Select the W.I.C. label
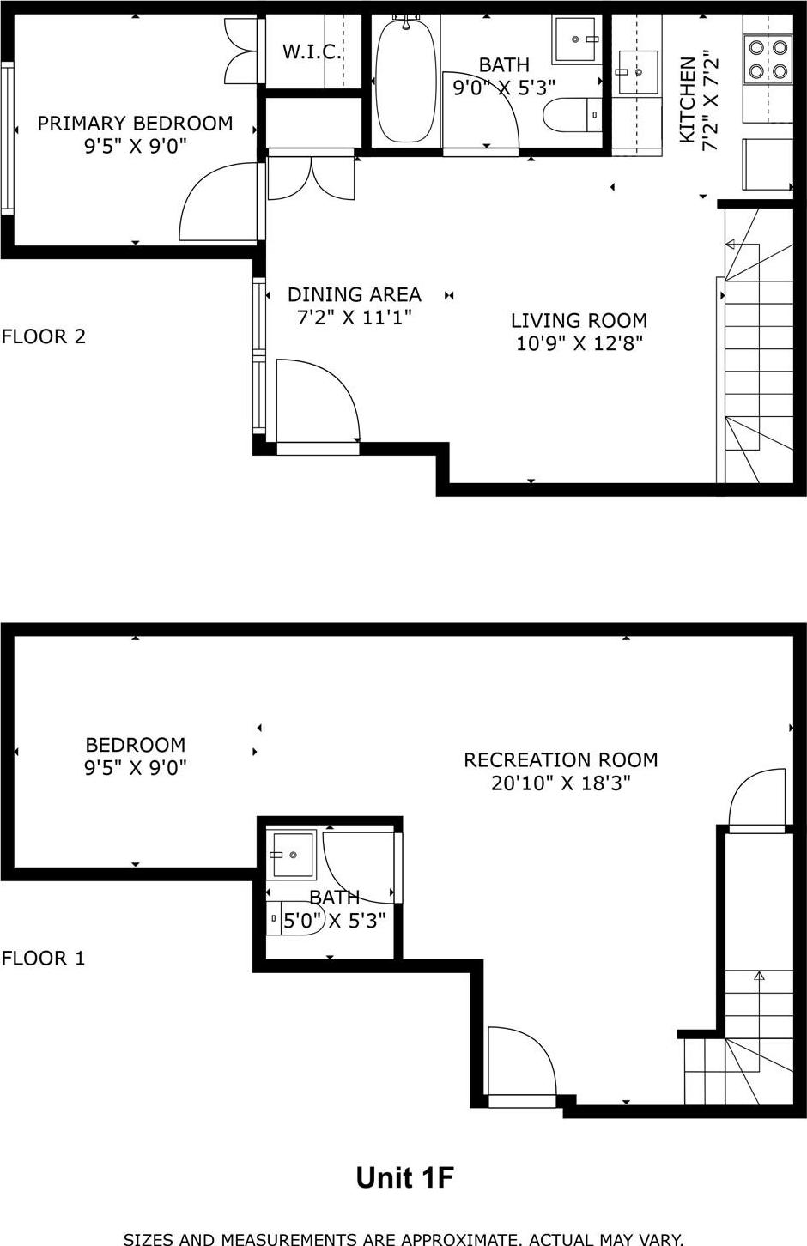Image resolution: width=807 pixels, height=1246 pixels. tap(312, 52)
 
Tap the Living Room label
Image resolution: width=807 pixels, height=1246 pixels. tap(579, 321)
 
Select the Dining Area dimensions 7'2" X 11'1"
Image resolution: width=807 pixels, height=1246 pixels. tap(355, 318)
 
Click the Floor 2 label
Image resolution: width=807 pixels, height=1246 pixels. tap(44, 336)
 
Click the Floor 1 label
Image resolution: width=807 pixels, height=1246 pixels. tap(44, 958)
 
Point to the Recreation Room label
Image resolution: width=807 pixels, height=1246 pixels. tap(561, 759)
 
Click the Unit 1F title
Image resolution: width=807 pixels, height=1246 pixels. tap(404, 1178)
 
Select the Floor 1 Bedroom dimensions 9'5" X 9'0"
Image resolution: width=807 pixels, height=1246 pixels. tap(136, 767)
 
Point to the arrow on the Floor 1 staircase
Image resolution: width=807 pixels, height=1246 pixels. tap(759, 976)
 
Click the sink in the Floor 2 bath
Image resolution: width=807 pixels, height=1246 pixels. tap(575, 39)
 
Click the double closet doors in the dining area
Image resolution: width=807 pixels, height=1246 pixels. tap(311, 178)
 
